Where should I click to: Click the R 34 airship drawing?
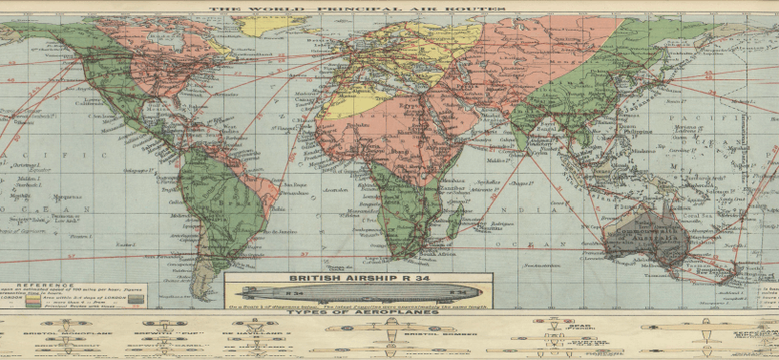click(x=358, y=290)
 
